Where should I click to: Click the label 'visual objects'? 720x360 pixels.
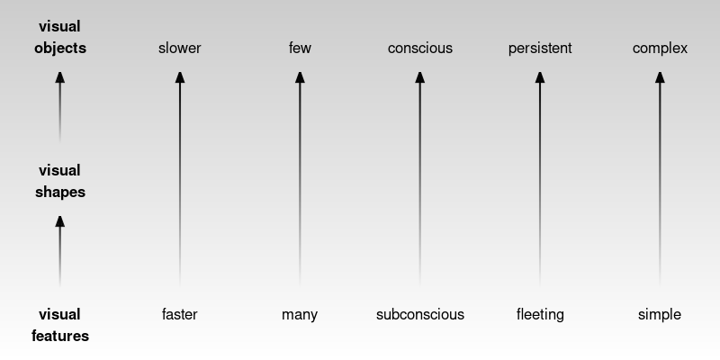(59, 38)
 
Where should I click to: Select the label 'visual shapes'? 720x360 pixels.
(59, 181)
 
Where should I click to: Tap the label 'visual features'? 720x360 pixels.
(59, 325)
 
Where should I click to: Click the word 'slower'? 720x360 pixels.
(179, 48)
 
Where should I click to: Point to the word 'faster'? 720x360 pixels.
(179, 314)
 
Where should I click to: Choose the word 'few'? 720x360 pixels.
(300, 48)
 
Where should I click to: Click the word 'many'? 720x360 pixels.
(300, 314)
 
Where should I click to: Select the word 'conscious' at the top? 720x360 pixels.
(419, 48)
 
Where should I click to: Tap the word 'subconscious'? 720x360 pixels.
(419, 314)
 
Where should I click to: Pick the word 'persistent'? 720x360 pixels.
(540, 48)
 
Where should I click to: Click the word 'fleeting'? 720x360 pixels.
(540, 314)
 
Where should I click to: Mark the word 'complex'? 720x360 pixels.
(660, 48)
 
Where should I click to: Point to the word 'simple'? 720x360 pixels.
(660, 314)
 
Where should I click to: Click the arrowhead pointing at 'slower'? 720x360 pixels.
(179, 78)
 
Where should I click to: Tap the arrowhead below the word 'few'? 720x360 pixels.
(300, 78)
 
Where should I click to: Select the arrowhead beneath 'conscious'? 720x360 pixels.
(419, 78)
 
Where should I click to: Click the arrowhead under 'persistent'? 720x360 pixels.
(540, 78)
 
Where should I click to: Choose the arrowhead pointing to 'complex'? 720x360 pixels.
(660, 78)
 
